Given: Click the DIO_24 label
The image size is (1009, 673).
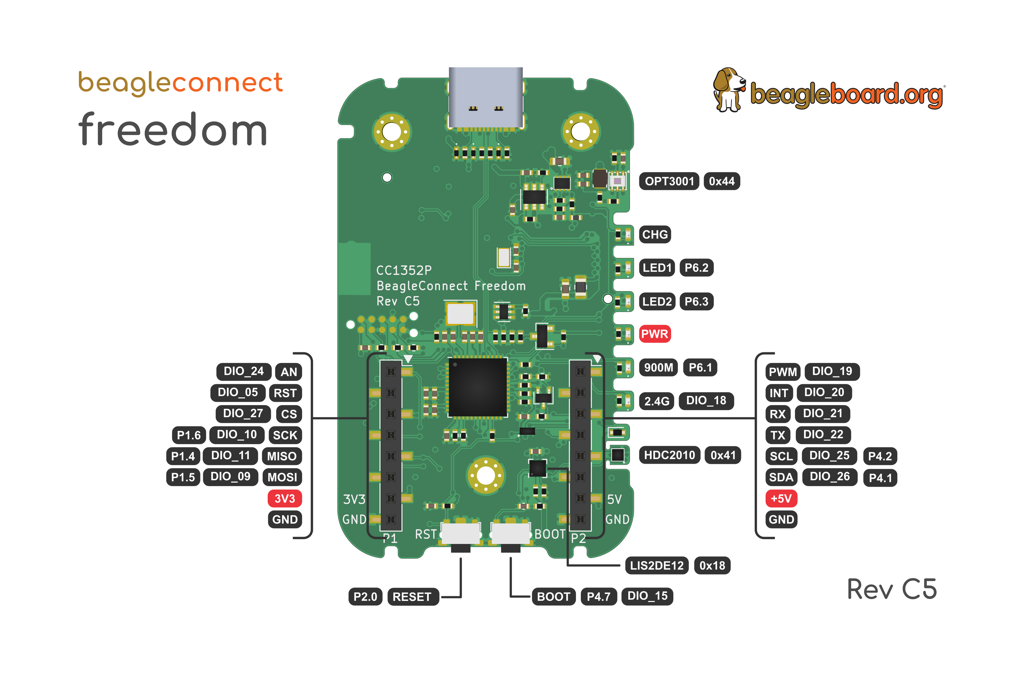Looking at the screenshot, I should coord(244,371).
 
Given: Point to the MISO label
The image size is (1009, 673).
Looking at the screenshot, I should coord(282,456).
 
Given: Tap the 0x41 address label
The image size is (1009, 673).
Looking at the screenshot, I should coord(723,455).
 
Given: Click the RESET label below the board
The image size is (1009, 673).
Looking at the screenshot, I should coord(412,597).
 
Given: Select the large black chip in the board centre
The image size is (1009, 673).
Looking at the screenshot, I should coord(477,387).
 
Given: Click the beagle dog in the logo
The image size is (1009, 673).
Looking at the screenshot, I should coord(728,89).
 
